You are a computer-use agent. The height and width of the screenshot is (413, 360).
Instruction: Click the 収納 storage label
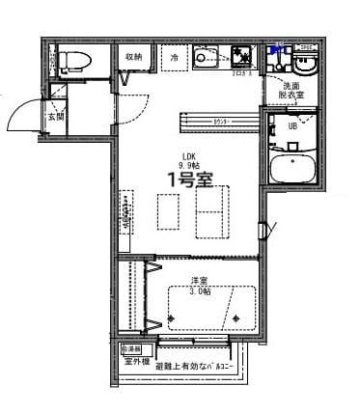(x=132, y=57)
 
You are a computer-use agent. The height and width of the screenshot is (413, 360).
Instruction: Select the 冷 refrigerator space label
(x=175, y=58)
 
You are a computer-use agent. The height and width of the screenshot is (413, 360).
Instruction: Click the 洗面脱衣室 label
(x=291, y=93)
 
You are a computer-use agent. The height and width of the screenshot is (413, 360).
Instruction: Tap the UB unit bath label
(x=291, y=125)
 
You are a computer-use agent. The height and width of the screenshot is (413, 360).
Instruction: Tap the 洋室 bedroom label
(x=200, y=280)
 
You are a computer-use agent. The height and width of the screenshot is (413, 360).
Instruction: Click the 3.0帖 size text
(x=200, y=290)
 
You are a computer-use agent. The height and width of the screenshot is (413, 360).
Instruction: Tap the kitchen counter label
(x=221, y=121)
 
